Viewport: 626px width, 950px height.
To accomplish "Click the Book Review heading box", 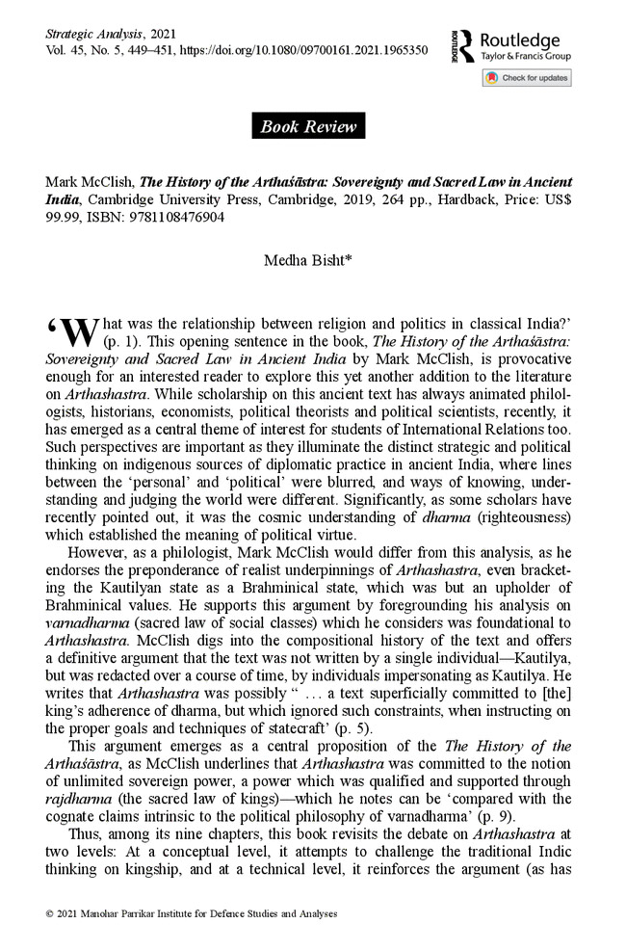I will tap(308, 126).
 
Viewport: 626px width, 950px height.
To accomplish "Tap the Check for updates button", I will tap(527, 78).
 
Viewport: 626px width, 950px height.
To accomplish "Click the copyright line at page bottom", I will tap(192, 912).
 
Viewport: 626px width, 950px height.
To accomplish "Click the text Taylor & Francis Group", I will tap(526, 57).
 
